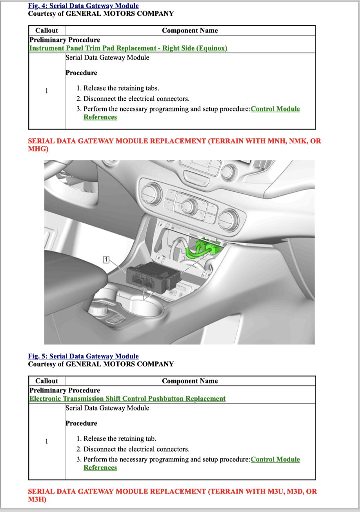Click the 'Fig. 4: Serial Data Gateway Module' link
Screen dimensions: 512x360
pyautogui.click(x=83, y=6)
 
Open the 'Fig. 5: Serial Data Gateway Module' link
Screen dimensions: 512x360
pyautogui.click(x=83, y=356)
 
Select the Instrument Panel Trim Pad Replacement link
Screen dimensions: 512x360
pyautogui.click(x=128, y=48)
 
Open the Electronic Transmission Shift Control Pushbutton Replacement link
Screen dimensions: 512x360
pyautogui.click(x=127, y=399)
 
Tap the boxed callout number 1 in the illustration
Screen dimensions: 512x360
pyautogui.click(x=106, y=259)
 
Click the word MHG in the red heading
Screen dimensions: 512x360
pyautogui.click(x=38, y=149)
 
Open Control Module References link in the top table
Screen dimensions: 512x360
pyautogui.click(x=275, y=109)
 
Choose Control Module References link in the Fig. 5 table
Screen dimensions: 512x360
pyautogui.click(x=275, y=459)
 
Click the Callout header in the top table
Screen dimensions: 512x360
pyautogui.click(x=47, y=31)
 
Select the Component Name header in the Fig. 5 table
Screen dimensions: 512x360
pyautogui.click(x=190, y=381)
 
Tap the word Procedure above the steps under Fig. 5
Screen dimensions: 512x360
pyautogui.click(x=81, y=423)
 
